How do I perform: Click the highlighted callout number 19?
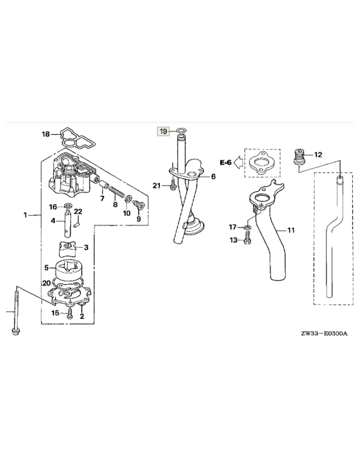pyautogui.click(x=163, y=131)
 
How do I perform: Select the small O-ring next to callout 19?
pyautogui.click(x=182, y=130)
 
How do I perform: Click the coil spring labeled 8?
pyautogui.click(x=116, y=192)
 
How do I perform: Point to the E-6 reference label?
pyautogui.click(x=226, y=162)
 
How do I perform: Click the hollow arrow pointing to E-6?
pyautogui.click(x=238, y=162)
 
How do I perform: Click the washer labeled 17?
pyautogui.click(x=248, y=227)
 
